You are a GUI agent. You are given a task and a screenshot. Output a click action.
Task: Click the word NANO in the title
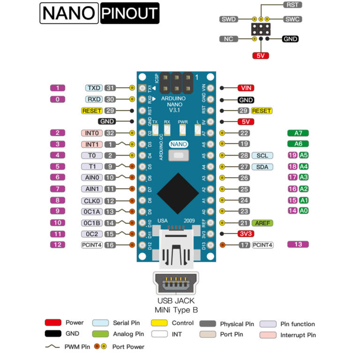68,14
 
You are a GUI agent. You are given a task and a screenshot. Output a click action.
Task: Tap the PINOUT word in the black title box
129,14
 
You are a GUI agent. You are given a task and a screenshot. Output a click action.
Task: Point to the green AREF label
262,223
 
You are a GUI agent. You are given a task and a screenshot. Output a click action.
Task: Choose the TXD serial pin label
94,88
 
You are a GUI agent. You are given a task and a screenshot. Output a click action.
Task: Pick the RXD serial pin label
94,99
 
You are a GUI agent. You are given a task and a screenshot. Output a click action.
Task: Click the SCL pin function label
262,155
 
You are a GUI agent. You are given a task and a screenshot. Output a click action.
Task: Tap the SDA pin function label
262,166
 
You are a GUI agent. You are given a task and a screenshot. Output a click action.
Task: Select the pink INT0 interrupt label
91,133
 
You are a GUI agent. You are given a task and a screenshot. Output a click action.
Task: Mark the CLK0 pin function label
91,200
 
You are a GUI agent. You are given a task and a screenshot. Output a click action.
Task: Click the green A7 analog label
298,133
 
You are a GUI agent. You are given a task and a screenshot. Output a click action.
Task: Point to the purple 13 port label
298,244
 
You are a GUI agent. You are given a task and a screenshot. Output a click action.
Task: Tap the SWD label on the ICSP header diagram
229,19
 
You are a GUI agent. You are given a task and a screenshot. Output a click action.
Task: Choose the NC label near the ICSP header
229,39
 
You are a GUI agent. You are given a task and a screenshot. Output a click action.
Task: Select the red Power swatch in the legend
52,322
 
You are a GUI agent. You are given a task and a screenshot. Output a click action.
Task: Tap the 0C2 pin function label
91,233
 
